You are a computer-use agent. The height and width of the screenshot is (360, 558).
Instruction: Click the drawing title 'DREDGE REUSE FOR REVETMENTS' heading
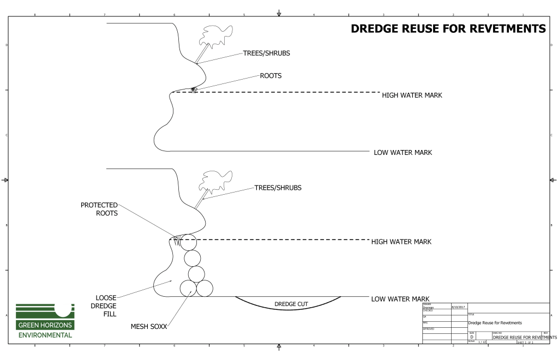coord(448,29)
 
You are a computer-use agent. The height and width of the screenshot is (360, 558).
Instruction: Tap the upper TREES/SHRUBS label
coord(266,53)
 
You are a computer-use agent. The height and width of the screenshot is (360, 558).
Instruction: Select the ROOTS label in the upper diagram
coord(271,76)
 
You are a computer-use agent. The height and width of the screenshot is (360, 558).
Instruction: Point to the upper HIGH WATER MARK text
coord(412,95)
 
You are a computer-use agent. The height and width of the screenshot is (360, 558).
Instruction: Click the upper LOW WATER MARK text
coord(403,152)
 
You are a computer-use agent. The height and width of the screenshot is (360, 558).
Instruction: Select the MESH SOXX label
coord(148,327)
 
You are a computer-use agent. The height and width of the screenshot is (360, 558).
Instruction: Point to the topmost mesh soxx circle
coord(188,242)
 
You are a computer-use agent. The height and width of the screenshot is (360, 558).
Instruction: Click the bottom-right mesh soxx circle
coord(205,288)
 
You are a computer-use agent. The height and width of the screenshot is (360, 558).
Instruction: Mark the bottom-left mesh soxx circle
coord(189,288)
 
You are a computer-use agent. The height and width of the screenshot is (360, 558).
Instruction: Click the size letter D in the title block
coord(471,338)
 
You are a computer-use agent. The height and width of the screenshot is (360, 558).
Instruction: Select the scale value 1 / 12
coord(482,342)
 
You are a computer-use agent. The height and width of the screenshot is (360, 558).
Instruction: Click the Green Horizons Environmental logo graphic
coord(45,311)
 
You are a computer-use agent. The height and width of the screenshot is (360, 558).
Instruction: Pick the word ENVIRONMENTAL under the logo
coord(45,334)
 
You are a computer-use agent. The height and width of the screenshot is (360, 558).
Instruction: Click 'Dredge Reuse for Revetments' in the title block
coord(495,323)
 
